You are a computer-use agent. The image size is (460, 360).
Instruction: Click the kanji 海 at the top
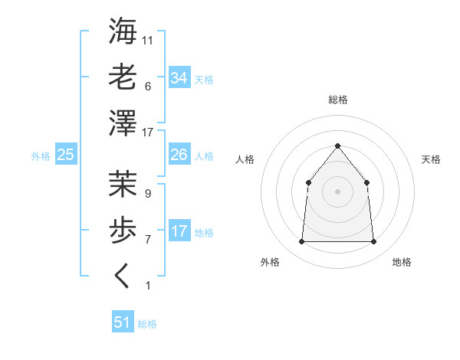[123, 33]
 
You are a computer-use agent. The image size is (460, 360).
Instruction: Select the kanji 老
[123, 77]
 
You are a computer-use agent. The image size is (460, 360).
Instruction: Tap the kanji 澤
[123, 122]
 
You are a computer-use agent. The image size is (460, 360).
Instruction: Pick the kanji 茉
[123, 184]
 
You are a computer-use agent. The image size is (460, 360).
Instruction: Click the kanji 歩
[123, 229]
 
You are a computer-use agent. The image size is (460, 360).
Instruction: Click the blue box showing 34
[179, 78]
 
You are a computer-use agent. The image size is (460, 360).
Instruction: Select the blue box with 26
[179, 155]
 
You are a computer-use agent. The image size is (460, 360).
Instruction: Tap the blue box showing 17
[179, 231]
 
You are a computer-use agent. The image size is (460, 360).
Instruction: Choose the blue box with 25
[65, 155]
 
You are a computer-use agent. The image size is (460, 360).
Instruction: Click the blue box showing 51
[123, 322]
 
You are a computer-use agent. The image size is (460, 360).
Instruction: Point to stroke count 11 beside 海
[149, 40]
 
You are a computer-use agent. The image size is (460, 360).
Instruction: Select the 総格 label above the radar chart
[337, 100]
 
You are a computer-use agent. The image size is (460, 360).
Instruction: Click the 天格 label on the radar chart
[432, 159]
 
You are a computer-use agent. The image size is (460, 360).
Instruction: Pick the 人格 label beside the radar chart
[245, 159]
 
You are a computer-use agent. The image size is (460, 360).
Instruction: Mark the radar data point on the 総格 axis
[337, 146]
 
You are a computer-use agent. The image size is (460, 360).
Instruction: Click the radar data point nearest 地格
[373, 242]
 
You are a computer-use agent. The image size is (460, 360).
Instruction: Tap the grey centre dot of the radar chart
[337, 191]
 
